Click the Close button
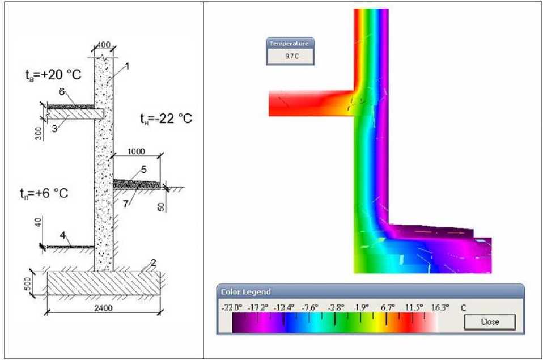(490, 322)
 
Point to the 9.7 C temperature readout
(292, 56)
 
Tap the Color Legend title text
(245, 292)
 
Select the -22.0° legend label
(232, 307)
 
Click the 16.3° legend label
(440, 307)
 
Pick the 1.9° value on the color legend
(362, 307)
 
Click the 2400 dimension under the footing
(103, 308)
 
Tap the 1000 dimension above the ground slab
(136, 151)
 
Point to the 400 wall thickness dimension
(103, 45)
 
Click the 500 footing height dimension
(28, 285)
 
